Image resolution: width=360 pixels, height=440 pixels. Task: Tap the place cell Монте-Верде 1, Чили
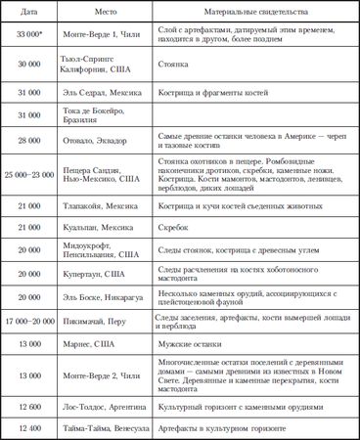[105, 35]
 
